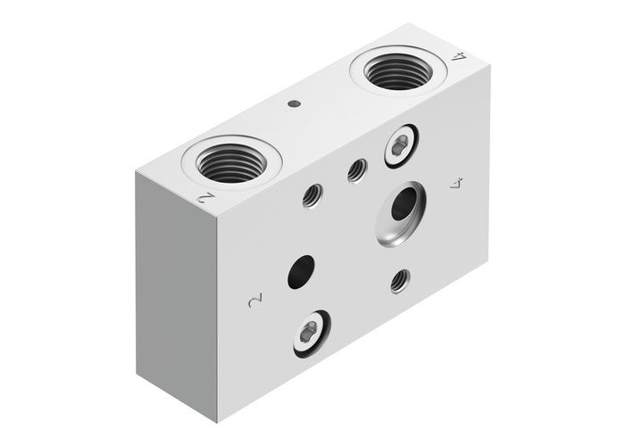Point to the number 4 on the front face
click(458, 185)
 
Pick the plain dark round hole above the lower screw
click(302, 272)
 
